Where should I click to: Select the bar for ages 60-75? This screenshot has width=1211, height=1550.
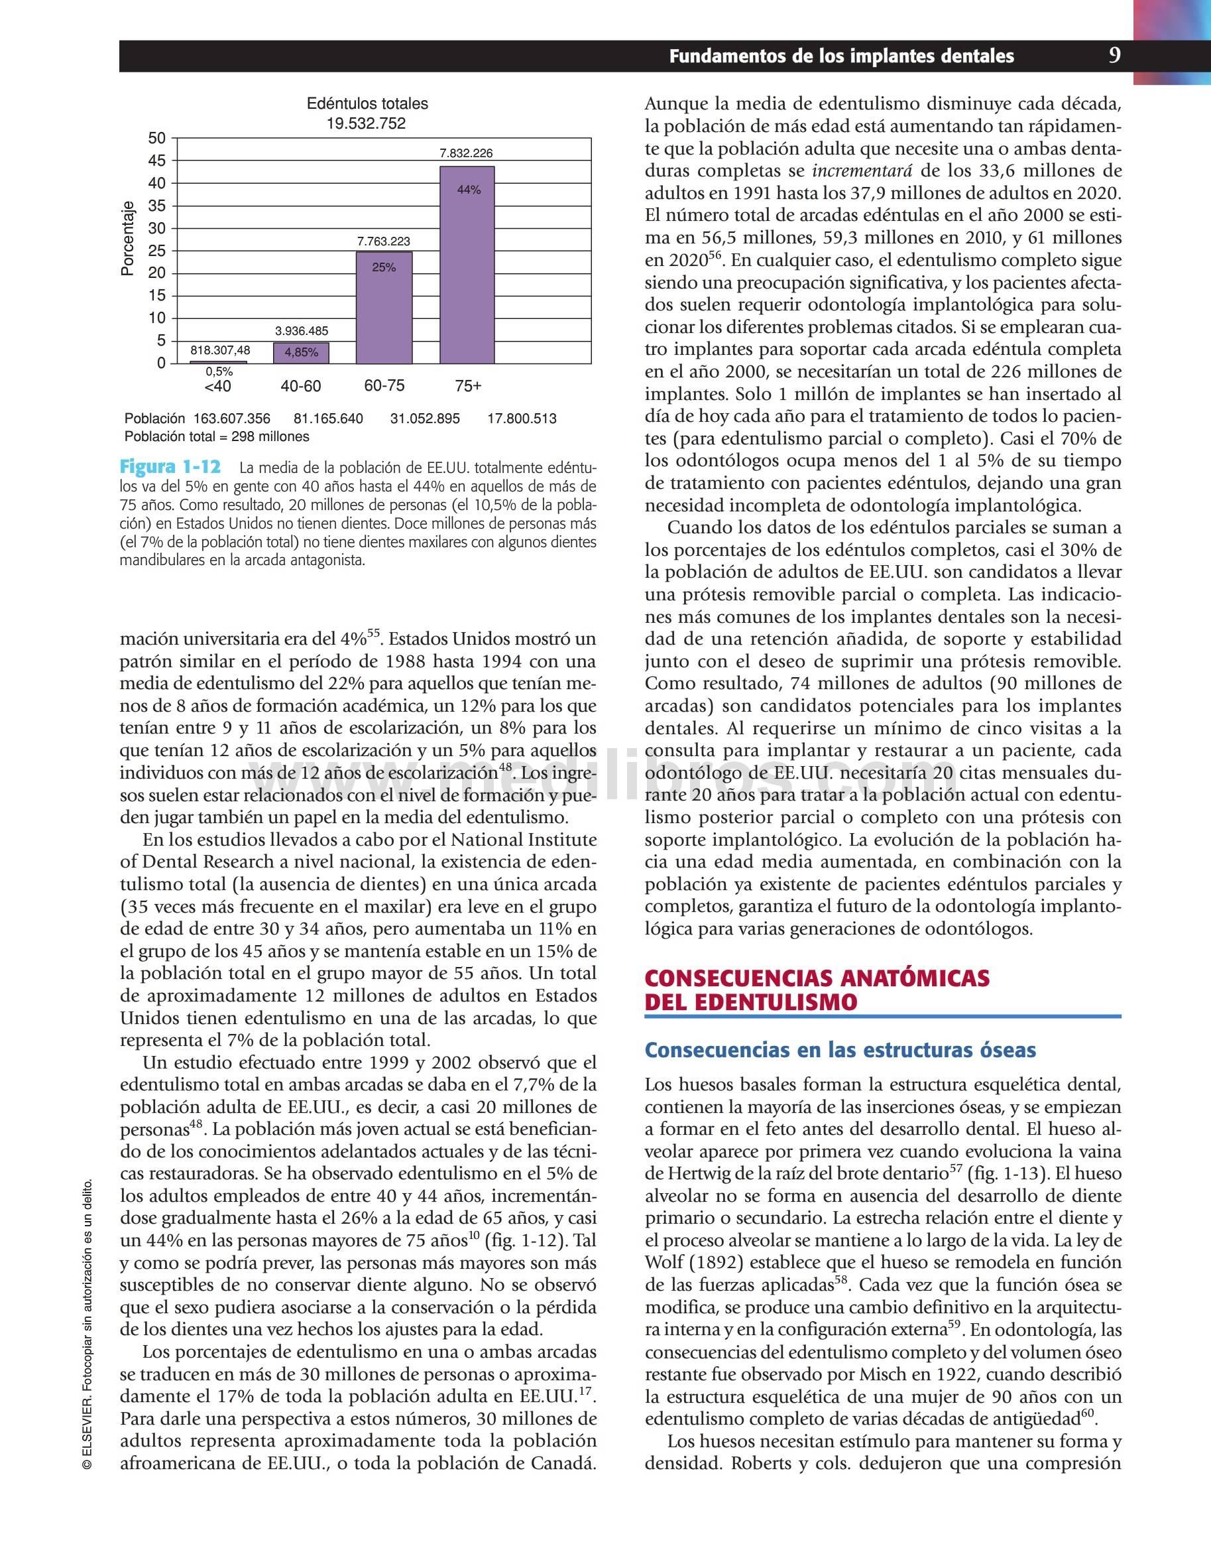click(384, 307)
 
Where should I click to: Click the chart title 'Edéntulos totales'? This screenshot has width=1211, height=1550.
click(367, 103)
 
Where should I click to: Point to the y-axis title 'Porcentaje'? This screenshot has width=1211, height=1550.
click(128, 239)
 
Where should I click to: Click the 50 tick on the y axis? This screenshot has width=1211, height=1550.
click(157, 138)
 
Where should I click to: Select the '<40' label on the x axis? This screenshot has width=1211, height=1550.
click(218, 386)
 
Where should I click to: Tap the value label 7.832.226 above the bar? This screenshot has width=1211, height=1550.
click(466, 153)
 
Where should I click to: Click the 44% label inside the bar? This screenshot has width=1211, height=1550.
click(469, 190)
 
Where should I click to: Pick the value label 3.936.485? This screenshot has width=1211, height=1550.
click(302, 331)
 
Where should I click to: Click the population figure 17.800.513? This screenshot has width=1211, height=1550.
click(522, 419)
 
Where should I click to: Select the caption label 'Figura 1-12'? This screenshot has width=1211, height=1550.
click(170, 467)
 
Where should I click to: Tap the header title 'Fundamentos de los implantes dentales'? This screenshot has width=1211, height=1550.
click(841, 57)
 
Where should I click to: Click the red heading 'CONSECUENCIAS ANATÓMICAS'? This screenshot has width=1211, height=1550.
click(817, 978)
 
